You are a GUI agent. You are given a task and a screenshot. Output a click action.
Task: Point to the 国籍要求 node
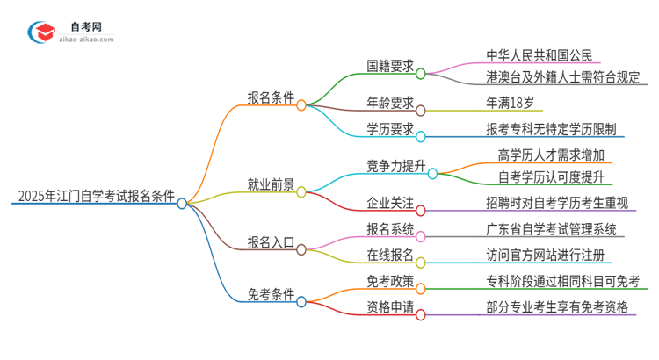pyautogui.click(x=390, y=65)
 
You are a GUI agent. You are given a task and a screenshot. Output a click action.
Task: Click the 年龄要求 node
pyautogui.click(x=390, y=103)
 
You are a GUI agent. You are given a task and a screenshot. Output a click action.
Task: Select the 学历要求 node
pyautogui.click(x=390, y=129)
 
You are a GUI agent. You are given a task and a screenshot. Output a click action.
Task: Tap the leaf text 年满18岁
pyautogui.click(x=510, y=103)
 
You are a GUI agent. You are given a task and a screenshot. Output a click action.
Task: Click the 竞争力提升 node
pyautogui.click(x=396, y=165)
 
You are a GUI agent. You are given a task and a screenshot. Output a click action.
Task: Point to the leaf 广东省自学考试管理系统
pyautogui.click(x=555, y=229)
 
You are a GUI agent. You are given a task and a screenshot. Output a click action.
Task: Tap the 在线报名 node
pyautogui.click(x=390, y=255)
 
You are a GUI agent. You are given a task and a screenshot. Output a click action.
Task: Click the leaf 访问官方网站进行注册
pyautogui.click(x=548, y=255)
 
